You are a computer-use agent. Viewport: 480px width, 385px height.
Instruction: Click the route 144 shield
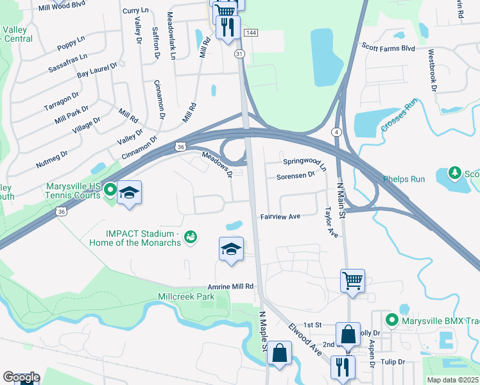252,32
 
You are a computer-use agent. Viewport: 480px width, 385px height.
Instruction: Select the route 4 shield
336,132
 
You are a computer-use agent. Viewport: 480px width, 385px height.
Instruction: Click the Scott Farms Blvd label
388,47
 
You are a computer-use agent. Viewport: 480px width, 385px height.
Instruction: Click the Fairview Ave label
280,217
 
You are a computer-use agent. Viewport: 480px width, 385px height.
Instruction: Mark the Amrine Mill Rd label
230,286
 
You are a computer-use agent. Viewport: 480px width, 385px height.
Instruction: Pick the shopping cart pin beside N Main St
352,280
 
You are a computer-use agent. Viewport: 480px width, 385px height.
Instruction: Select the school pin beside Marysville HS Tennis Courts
129,193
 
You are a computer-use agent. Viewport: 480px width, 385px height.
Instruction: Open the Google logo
21,377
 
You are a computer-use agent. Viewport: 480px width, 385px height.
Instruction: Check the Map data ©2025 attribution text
452,380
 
